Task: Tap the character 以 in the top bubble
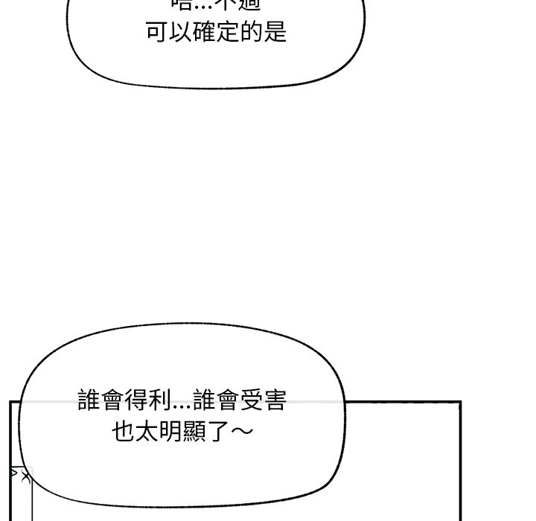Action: [x=181, y=33]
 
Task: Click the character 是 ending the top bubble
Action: [x=275, y=33]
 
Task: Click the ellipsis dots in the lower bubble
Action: [x=181, y=406]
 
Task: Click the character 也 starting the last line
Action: [x=124, y=432]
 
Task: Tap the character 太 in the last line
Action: [x=147, y=432]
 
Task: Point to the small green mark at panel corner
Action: [x=15, y=473]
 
